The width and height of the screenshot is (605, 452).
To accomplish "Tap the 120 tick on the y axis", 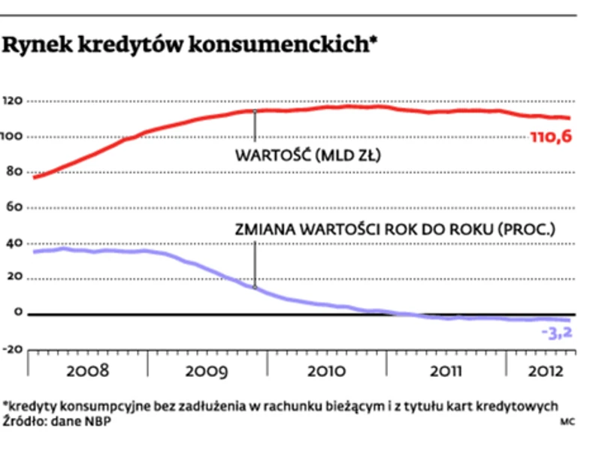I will (14, 101).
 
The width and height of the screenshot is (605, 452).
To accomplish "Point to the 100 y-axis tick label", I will (14, 137).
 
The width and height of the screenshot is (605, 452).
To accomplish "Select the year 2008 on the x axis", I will (87, 371).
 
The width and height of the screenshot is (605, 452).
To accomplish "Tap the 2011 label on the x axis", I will (446, 371).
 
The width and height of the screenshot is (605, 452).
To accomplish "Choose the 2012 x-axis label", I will (541, 371).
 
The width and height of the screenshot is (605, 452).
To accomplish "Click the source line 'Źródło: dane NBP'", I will (56, 421).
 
